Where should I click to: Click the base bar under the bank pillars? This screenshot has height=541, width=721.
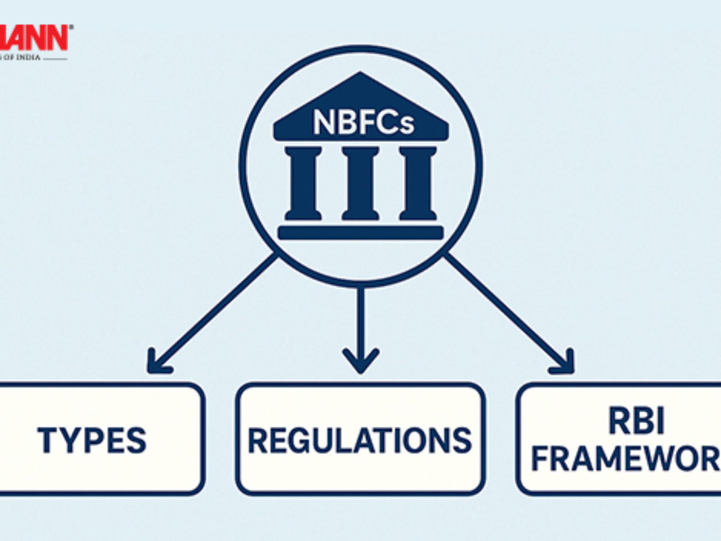[x=360, y=233]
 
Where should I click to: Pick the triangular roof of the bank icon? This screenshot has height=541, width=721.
[x=360, y=90]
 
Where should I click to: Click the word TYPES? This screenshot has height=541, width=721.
[x=92, y=440]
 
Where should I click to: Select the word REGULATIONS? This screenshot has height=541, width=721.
[x=360, y=440]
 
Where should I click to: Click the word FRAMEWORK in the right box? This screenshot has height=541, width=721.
[x=625, y=460]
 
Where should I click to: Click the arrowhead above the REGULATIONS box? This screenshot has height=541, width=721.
[x=360, y=361]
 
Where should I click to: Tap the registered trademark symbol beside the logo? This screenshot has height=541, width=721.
[x=71, y=27]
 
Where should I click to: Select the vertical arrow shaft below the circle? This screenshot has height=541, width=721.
[x=360, y=319]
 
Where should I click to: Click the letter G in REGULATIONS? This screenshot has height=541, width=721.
[x=302, y=440]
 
